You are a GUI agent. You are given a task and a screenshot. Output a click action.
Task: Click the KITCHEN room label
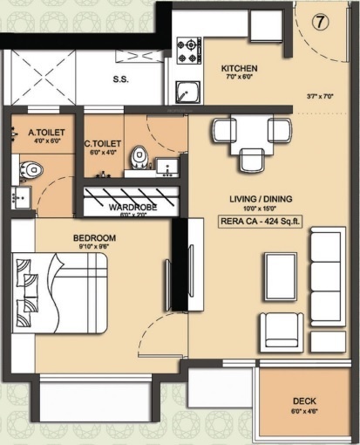tap(238, 68)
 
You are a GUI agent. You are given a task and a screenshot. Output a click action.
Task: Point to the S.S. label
tap(121, 79)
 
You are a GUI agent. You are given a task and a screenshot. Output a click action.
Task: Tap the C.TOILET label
tap(101, 144)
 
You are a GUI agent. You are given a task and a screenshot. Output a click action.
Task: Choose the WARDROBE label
tap(132, 208)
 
